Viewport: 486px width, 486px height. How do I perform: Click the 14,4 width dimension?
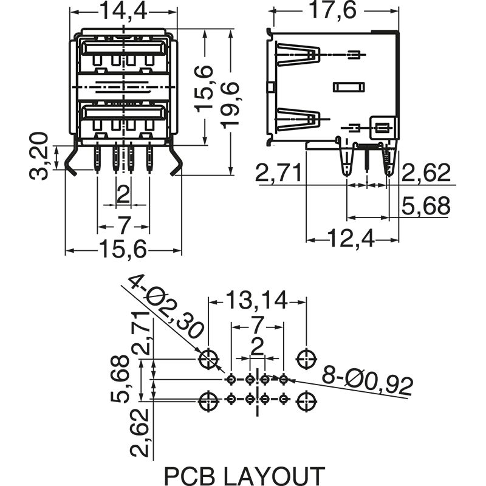pyautogui.click(x=123, y=12)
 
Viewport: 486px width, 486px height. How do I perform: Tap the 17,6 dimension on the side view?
pyautogui.click(x=333, y=10)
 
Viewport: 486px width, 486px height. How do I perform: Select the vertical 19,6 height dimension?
pyautogui.click(x=230, y=104)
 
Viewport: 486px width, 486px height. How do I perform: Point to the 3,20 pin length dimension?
pyautogui.click(x=39, y=156)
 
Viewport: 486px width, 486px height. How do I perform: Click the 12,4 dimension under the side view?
pyautogui.click(x=351, y=238)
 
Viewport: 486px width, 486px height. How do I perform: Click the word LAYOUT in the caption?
pyautogui.click(x=274, y=476)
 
